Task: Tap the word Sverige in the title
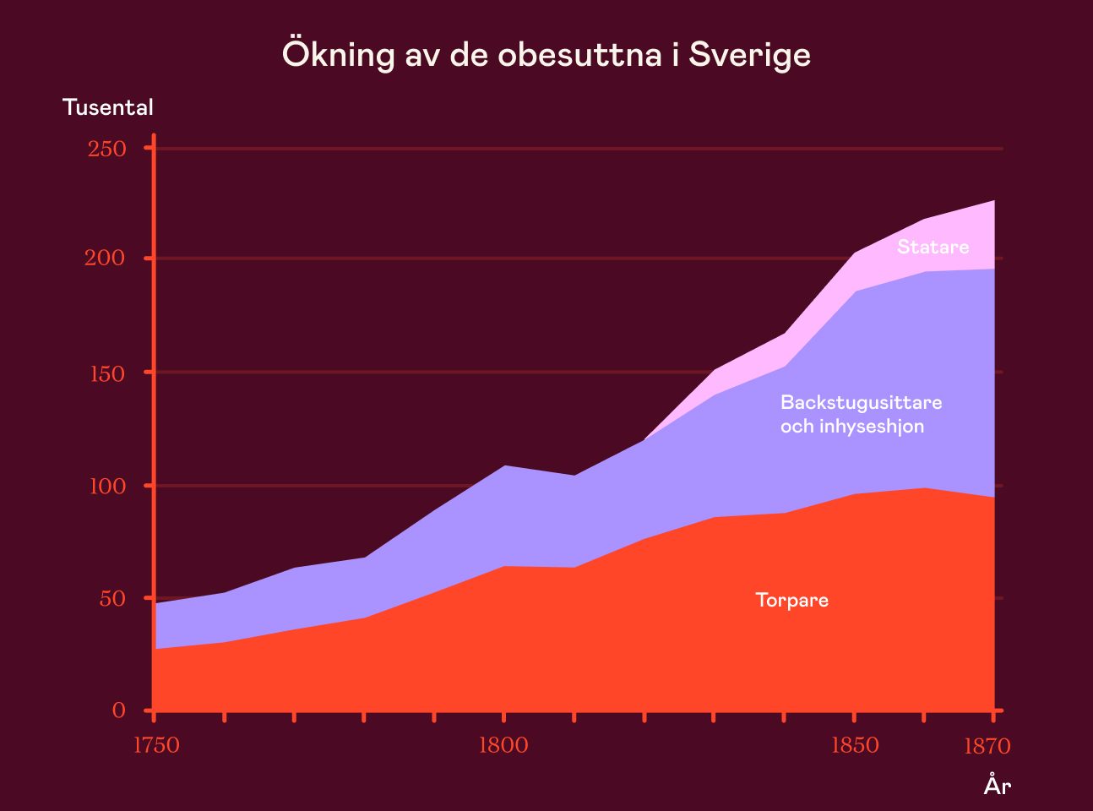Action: click(x=749, y=55)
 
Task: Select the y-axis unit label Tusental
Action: click(x=108, y=108)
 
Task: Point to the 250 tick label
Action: click(x=107, y=150)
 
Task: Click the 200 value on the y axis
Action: click(x=105, y=259)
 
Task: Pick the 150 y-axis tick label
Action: click(x=107, y=373)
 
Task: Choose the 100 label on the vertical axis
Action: click(x=107, y=487)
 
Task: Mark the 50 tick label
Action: click(x=112, y=599)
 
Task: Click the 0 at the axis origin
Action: click(x=119, y=710)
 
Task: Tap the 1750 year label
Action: click(x=156, y=746)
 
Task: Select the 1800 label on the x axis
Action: click(x=503, y=746)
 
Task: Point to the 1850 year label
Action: click(x=855, y=746)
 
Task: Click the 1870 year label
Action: click(x=987, y=747)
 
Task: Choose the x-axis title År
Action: click(x=997, y=786)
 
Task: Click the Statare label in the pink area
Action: click(x=933, y=247)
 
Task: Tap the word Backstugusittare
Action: click(x=861, y=402)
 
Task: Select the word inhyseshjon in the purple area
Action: click(x=870, y=427)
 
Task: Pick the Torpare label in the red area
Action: click(x=791, y=601)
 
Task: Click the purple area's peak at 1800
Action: click(x=504, y=466)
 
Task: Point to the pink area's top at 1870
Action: click(x=993, y=202)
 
